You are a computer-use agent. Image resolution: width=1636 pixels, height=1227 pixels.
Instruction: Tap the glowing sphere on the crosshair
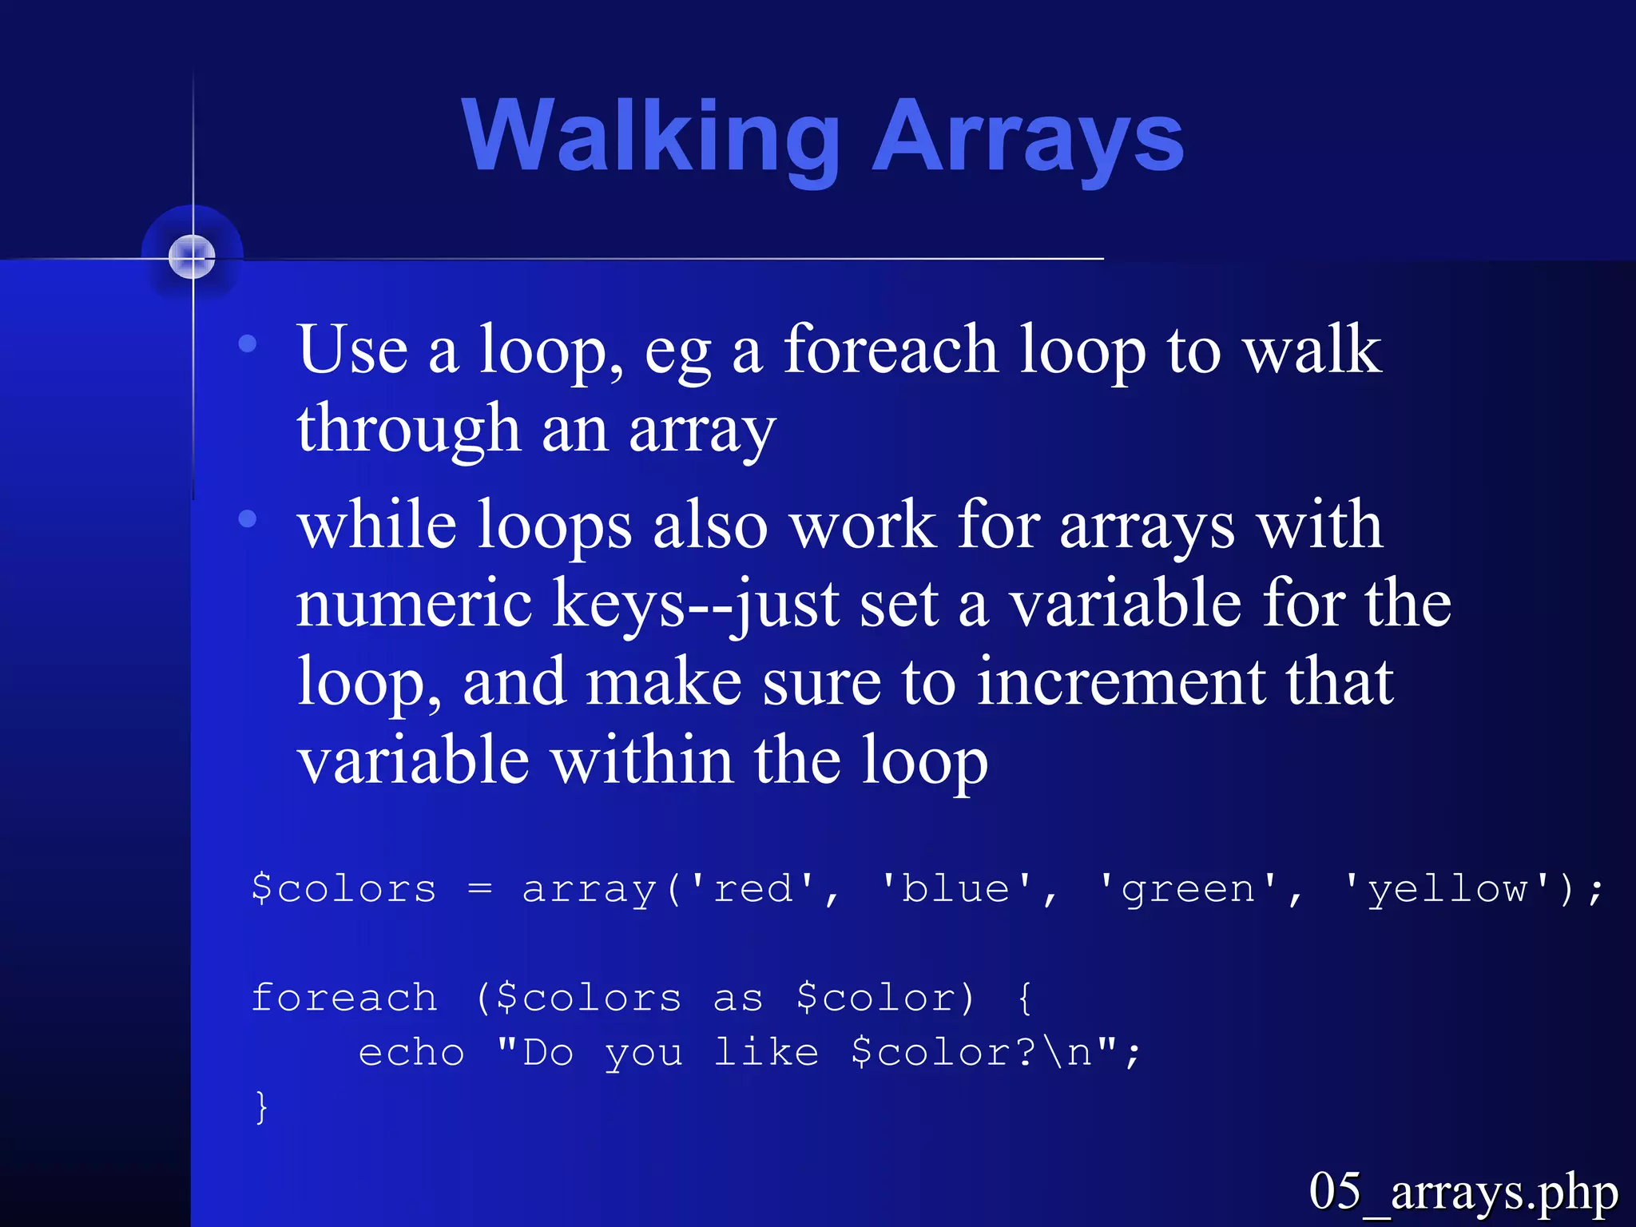pos(193,257)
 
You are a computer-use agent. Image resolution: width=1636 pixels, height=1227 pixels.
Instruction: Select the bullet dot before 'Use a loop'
pos(248,344)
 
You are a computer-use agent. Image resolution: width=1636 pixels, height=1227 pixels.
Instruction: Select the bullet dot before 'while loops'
pos(248,519)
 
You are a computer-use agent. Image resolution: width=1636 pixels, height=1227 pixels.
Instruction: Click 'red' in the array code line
pos(753,888)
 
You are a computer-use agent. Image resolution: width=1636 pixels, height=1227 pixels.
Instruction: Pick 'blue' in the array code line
pos(956,888)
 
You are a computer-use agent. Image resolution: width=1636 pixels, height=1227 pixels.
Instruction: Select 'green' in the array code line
pos(1189,888)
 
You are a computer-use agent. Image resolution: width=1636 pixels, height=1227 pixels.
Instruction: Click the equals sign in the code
pos(479,888)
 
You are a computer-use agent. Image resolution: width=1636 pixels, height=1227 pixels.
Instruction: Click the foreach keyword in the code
pos(344,997)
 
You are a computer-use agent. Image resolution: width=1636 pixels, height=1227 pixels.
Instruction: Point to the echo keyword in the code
pos(411,1052)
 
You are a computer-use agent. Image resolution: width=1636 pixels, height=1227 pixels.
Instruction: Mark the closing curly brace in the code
pos(261,1107)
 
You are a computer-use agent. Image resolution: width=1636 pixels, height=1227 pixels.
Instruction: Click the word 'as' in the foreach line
pos(737,999)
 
